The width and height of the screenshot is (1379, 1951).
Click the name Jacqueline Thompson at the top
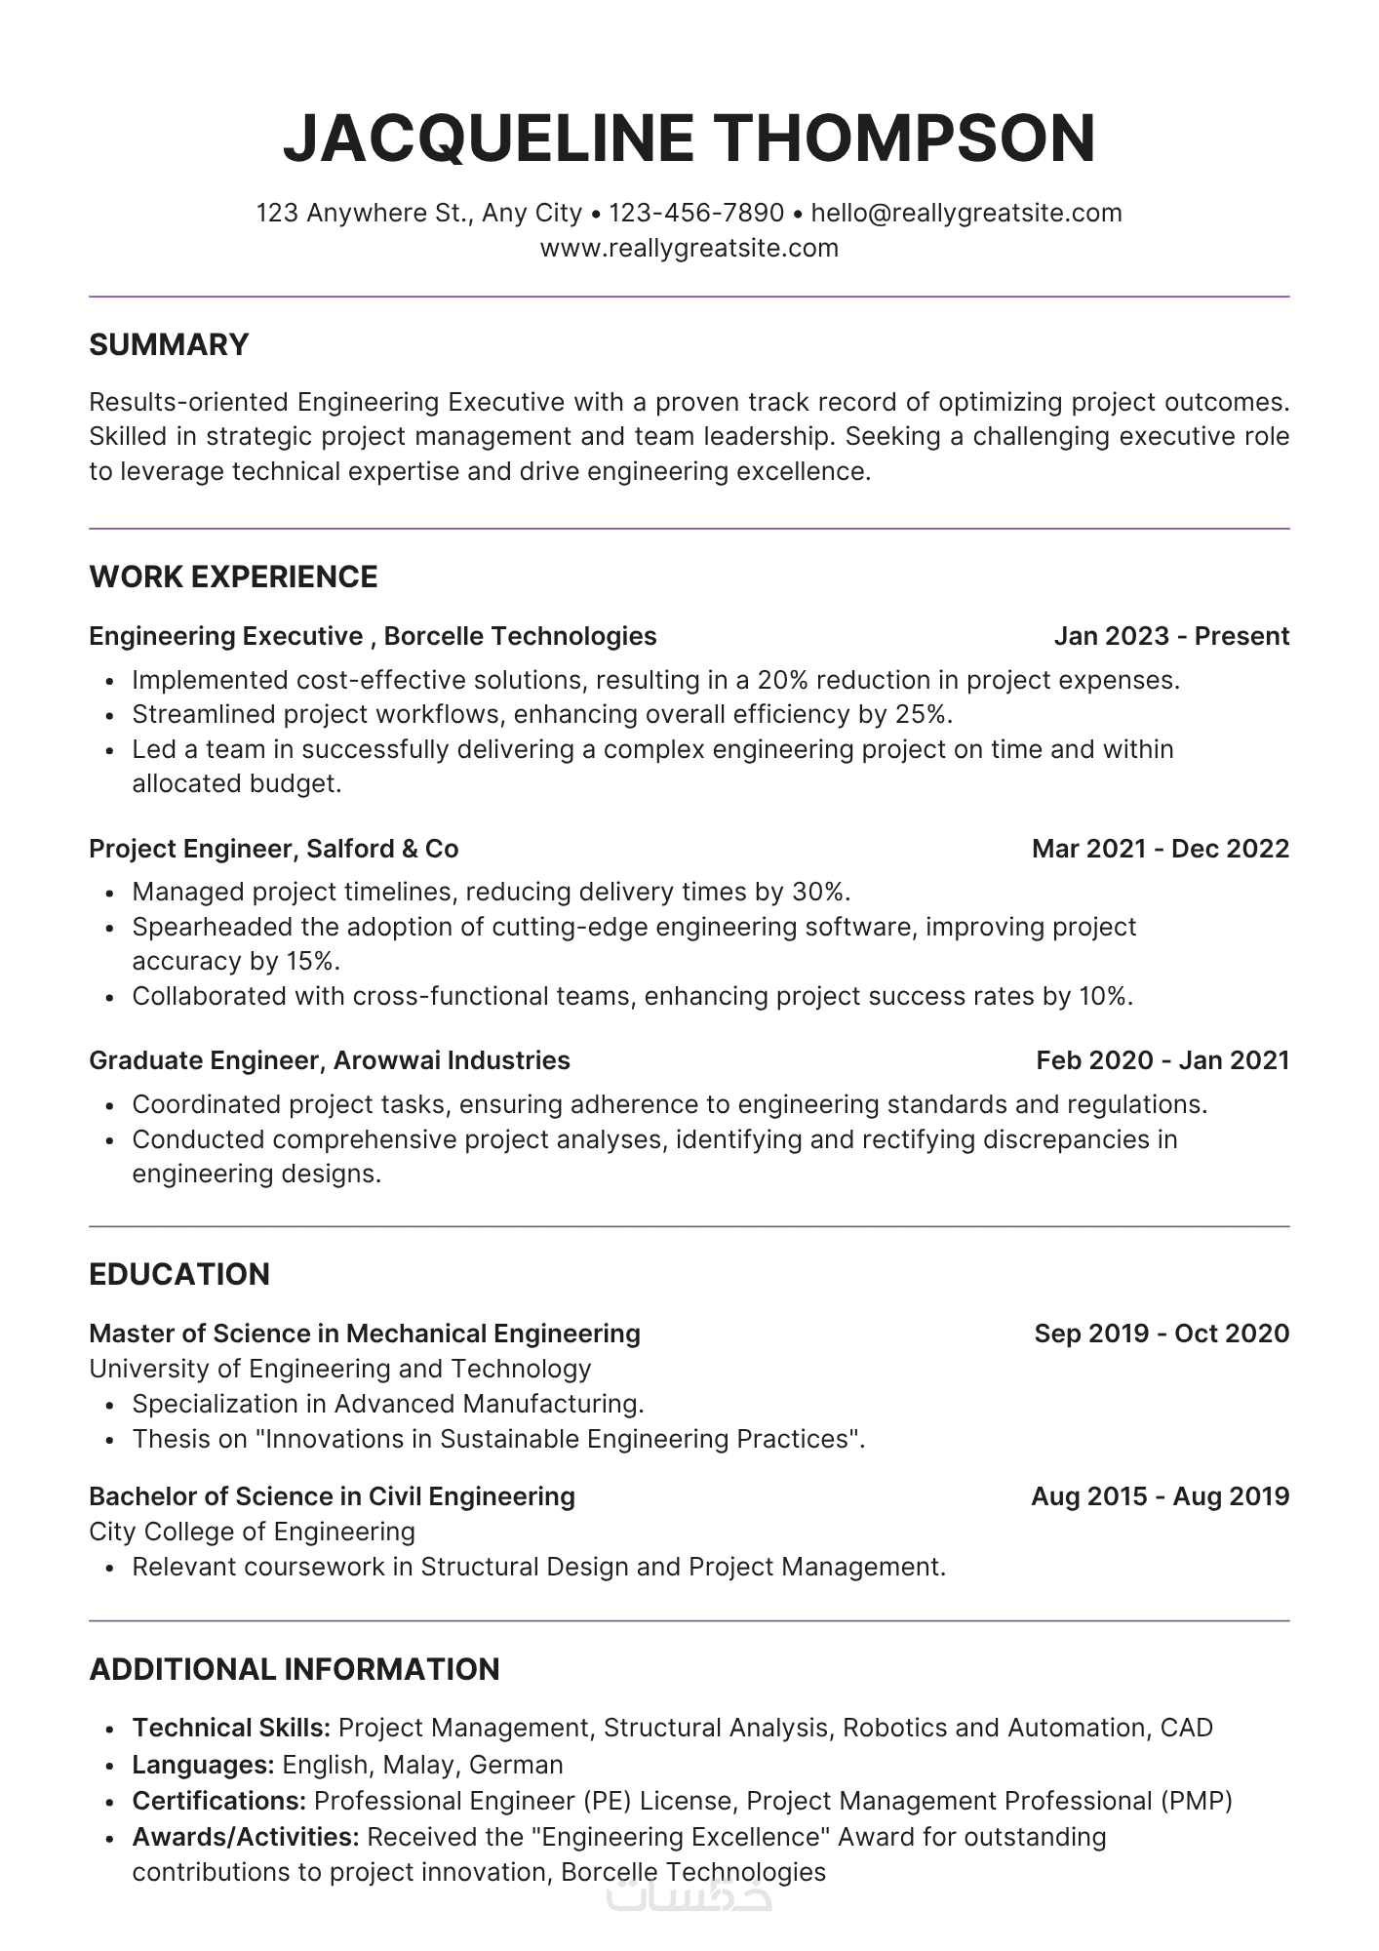point(689,138)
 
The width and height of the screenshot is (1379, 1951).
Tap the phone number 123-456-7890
point(696,213)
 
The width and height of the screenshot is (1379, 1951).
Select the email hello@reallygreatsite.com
point(966,213)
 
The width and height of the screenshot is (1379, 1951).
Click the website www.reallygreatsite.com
point(689,248)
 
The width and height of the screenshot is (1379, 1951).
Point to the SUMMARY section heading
point(169,344)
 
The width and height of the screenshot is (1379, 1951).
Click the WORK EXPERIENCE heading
point(233,577)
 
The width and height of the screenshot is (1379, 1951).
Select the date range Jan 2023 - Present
point(1171,636)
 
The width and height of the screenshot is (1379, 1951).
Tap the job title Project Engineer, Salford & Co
point(273,849)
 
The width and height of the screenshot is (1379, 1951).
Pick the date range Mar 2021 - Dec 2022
point(1161,849)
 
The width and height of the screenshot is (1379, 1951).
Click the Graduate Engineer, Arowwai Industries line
point(329,1060)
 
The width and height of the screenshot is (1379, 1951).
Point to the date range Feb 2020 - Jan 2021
point(1162,1060)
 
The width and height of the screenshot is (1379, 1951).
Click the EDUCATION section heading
point(179,1274)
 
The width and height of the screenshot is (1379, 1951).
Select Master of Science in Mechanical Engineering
point(364,1334)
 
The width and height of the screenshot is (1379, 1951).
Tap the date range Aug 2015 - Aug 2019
point(1161,1496)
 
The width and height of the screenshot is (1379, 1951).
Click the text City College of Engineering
point(252,1532)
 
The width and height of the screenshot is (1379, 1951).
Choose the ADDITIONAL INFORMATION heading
point(294,1669)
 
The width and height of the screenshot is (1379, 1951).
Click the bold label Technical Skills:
point(231,1728)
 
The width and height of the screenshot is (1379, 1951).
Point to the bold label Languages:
point(203,1765)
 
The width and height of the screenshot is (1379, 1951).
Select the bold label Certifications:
point(219,1801)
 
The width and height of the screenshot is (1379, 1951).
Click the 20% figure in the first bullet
point(782,680)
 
